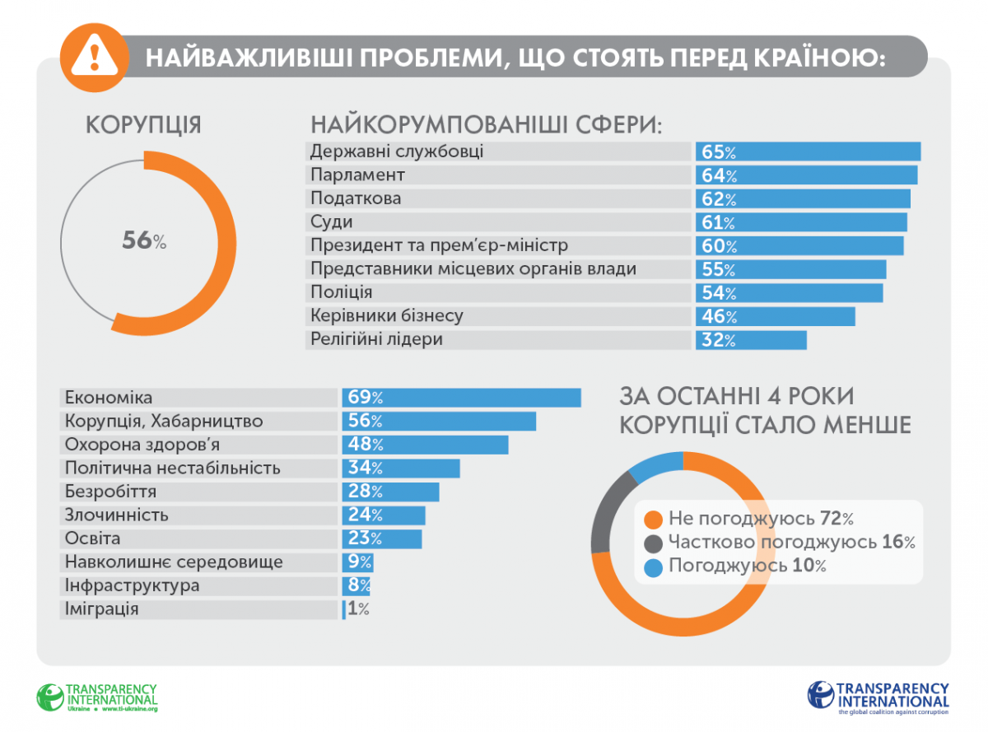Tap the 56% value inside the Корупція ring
[x=144, y=240]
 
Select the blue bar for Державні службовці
[x=808, y=152]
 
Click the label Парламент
[x=357, y=175]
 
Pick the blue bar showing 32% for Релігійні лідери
[x=751, y=340]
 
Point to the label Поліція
[x=341, y=292]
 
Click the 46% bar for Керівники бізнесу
[x=775, y=316]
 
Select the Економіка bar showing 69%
[x=461, y=397]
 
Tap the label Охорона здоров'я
[x=142, y=445]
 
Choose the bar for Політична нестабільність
[x=401, y=469]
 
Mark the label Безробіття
[x=110, y=492]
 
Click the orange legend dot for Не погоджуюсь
[x=654, y=520]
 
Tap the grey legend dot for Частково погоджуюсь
[x=654, y=543]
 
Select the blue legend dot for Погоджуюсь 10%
[x=654, y=566]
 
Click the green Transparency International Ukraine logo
[x=96, y=697]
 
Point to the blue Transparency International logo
[x=878, y=697]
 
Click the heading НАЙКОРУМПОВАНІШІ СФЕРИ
[x=486, y=125]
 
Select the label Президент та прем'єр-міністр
[x=439, y=245]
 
